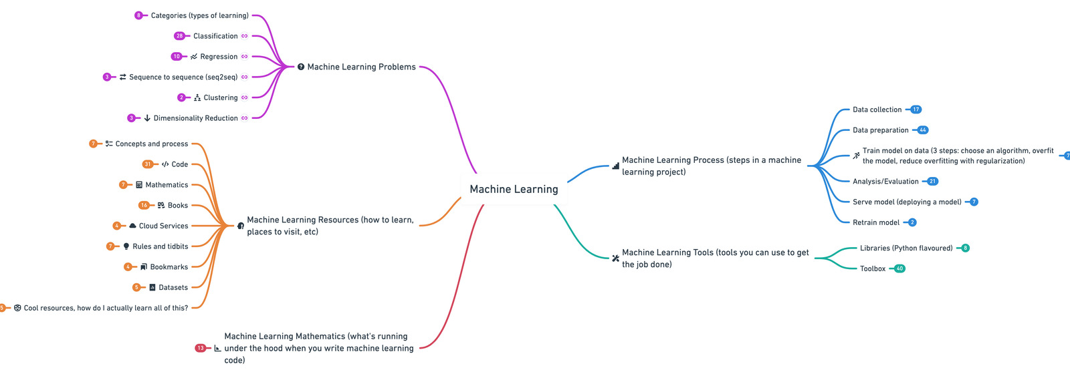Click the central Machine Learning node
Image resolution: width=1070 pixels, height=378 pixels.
[x=514, y=190]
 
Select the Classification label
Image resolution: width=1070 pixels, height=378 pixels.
[x=215, y=36]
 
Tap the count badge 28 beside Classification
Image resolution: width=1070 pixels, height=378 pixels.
[x=179, y=36]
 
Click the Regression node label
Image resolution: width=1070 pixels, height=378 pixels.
[x=219, y=57]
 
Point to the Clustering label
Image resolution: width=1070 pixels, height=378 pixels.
[x=221, y=98]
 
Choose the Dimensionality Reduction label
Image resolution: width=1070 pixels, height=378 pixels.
[x=195, y=118]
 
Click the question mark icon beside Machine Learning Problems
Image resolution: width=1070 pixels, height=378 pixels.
[x=301, y=67]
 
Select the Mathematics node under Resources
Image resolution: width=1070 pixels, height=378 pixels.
[x=167, y=185]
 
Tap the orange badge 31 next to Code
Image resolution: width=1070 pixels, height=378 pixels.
[x=148, y=164]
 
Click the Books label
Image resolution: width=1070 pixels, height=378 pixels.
[x=178, y=206]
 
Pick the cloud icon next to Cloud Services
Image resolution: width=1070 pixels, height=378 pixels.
[x=132, y=226]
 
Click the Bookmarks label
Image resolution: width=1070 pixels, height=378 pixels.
[x=169, y=267]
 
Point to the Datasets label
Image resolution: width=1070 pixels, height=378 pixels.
[x=173, y=288]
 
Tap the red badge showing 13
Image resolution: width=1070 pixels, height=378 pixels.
[x=201, y=348]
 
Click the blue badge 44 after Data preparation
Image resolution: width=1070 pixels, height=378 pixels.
[x=923, y=130]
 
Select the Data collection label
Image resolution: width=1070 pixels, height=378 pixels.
[x=877, y=110]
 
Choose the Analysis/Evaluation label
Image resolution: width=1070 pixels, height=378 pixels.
[x=885, y=182]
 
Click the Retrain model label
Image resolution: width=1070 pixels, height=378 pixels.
[x=876, y=222]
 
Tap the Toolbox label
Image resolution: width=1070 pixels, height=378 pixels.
[x=873, y=268]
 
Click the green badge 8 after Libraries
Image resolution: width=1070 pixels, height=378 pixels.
[x=965, y=248]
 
